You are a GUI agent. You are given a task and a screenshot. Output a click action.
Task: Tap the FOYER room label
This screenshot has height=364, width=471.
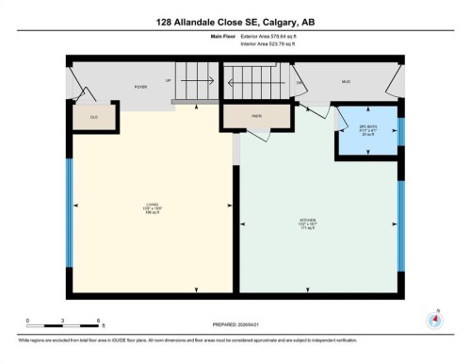(x=140, y=86)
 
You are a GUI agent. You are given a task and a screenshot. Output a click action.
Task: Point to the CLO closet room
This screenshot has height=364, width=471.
(x=94, y=116)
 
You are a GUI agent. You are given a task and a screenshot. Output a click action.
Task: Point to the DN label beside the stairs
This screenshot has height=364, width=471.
(x=300, y=83)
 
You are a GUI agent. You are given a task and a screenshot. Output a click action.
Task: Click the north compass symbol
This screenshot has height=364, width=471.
(x=434, y=318)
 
